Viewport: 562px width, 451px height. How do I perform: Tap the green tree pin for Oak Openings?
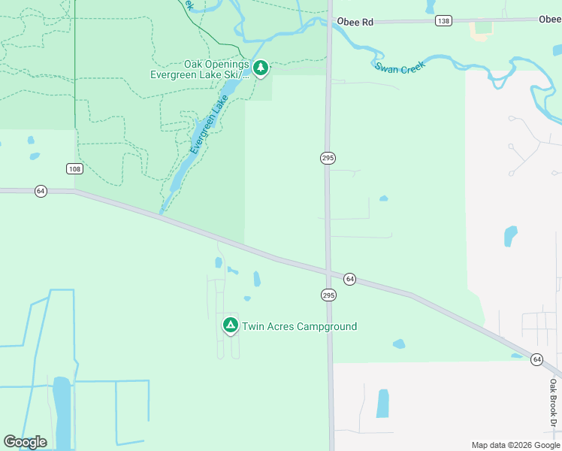[260, 68]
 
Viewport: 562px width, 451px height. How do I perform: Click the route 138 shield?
[443, 21]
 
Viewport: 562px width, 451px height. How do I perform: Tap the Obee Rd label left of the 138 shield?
[355, 22]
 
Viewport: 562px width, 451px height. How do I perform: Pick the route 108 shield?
[74, 168]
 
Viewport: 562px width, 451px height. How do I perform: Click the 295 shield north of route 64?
[328, 158]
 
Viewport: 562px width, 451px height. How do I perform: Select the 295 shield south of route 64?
[328, 295]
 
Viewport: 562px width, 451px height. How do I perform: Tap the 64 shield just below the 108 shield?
[41, 192]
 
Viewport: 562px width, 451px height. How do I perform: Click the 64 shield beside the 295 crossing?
[349, 279]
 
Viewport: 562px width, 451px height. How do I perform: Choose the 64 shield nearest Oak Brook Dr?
[536, 359]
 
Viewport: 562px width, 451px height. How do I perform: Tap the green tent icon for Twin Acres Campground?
[230, 325]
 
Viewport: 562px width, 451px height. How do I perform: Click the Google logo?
[25, 442]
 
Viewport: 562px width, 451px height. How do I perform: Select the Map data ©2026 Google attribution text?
[515, 445]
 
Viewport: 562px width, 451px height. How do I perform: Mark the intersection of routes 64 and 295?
[328, 271]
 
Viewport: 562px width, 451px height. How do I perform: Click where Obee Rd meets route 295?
[328, 23]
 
